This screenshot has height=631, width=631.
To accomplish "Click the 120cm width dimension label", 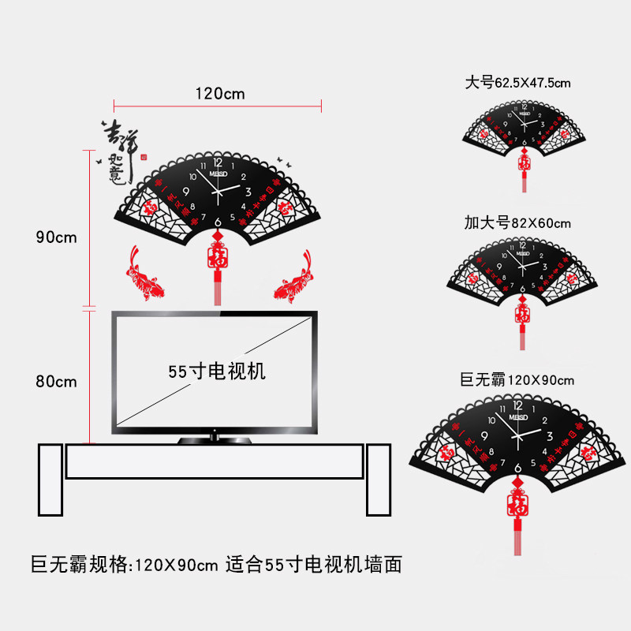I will point(220,93).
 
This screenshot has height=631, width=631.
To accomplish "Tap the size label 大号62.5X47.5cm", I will point(518,82).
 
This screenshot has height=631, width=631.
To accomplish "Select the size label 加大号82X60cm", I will point(517,224).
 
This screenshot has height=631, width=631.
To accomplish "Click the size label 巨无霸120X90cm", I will point(517,379).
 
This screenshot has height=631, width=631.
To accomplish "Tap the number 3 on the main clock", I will point(248,191).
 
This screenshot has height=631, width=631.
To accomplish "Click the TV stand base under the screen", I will point(214,439).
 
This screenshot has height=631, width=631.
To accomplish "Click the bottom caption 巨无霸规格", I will point(79,565).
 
